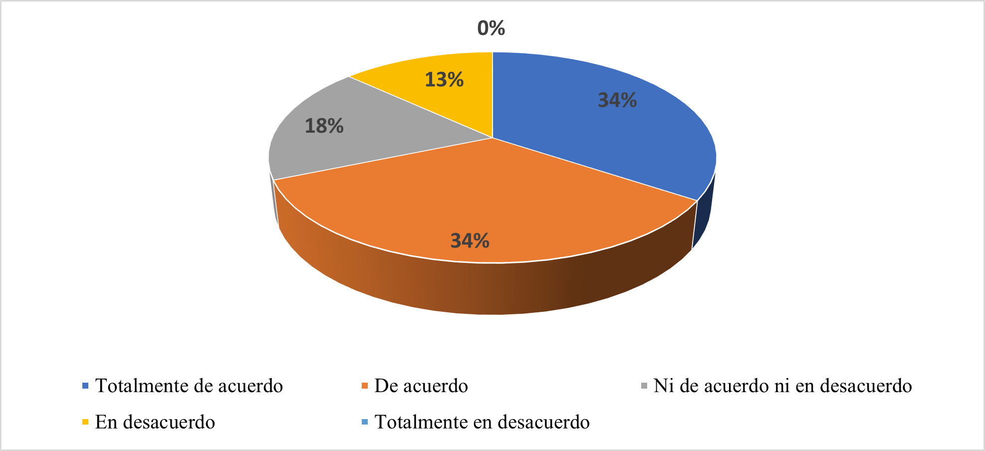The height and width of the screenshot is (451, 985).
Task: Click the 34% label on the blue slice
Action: [x=617, y=100]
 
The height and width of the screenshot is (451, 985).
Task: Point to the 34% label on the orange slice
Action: [x=470, y=241]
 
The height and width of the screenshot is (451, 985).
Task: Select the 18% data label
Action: [x=324, y=126]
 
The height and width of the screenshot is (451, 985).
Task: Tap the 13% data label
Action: [x=444, y=79]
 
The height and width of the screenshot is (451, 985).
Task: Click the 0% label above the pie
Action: [x=491, y=28]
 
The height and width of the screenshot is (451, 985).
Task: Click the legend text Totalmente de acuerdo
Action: [x=189, y=386]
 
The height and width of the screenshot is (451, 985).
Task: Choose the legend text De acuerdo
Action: [x=421, y=386]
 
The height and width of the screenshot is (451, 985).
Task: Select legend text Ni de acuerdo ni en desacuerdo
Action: [x=782, y=386]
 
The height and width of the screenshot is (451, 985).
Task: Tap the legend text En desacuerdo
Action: [x=155, y=422]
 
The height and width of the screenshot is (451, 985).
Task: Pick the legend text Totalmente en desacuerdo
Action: [x=482, y=422]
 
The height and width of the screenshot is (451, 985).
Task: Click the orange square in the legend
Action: [x=365, y=386]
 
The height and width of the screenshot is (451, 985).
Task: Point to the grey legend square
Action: [x=644, y=386]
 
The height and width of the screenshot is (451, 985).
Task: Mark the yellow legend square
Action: [x=85, y=422]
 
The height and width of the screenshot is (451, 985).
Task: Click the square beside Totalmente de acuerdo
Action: [x=85, y=386]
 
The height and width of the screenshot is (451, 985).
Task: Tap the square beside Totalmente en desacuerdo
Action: [x=365, y=422]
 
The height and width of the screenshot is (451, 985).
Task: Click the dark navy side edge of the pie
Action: [x=704, y=215]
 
